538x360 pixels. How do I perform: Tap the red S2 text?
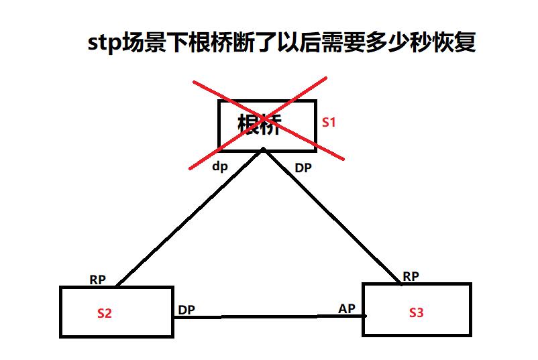pyautogui.click(x=104, y=312)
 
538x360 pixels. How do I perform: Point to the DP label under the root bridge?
pyautogui.click(x=303, y=168)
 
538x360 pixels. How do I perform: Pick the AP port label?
pyautogui.click(x=347, y=308)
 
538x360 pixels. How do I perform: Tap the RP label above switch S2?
pyautogui.click(x=98, y=280)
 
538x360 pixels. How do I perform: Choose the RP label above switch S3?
pyautogui.click(x=411, y=276)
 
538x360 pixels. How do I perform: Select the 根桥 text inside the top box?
pyautogui.click(x=260, y=125)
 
